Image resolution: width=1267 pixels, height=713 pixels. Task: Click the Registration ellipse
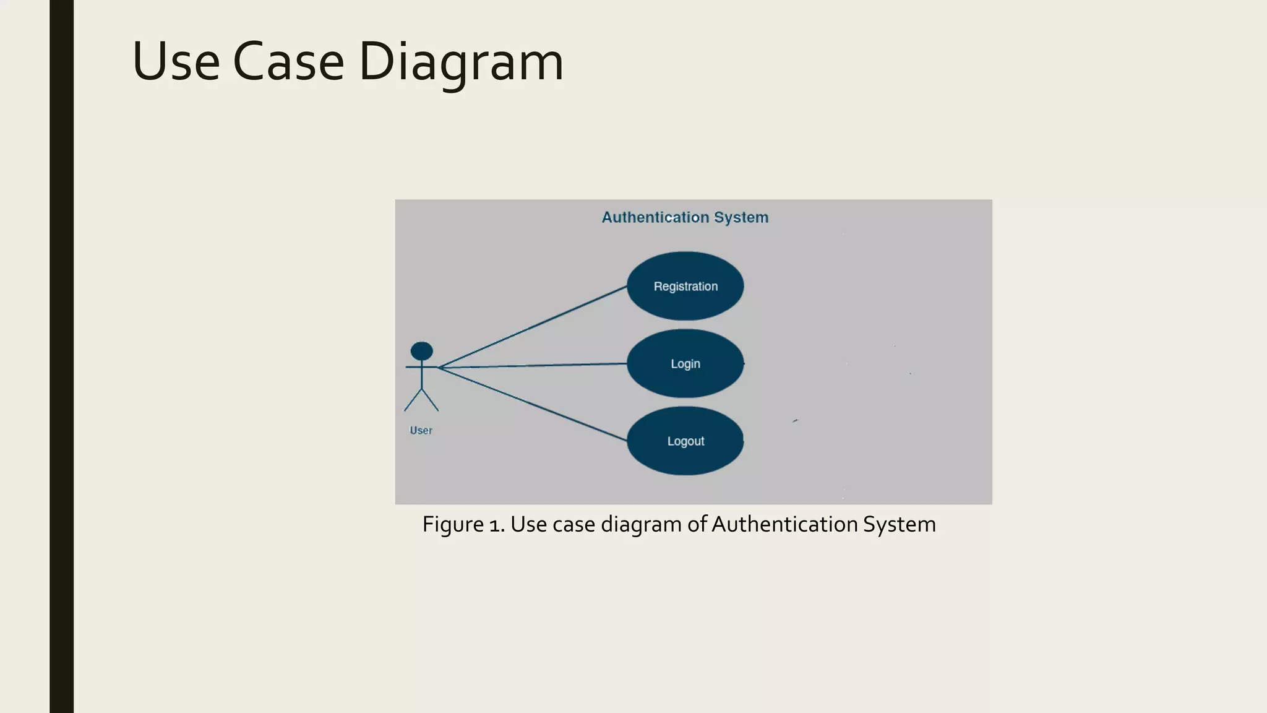[685, 286]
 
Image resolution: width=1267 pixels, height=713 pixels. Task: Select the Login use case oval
[685, 363]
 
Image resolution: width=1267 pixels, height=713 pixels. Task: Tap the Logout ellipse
[685, 441]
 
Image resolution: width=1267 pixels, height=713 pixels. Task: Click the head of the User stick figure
[422, 351]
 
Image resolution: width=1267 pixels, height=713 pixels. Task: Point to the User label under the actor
[421, 430]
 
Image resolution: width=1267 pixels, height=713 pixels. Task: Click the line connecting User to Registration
[532, 327]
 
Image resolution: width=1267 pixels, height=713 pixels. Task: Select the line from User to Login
[532, 365]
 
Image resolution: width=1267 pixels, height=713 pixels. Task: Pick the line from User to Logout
[532, 404]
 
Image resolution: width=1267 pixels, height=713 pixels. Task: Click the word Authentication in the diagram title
[655, 217]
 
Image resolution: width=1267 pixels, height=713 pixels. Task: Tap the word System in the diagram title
[741, 217]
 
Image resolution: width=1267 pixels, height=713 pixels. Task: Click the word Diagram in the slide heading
[460, 62]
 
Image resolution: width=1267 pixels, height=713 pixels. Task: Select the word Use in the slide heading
[176, 62]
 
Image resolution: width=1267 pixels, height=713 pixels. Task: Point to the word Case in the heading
[288, 62]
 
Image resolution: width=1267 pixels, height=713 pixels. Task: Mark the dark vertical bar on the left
[61, 356]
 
